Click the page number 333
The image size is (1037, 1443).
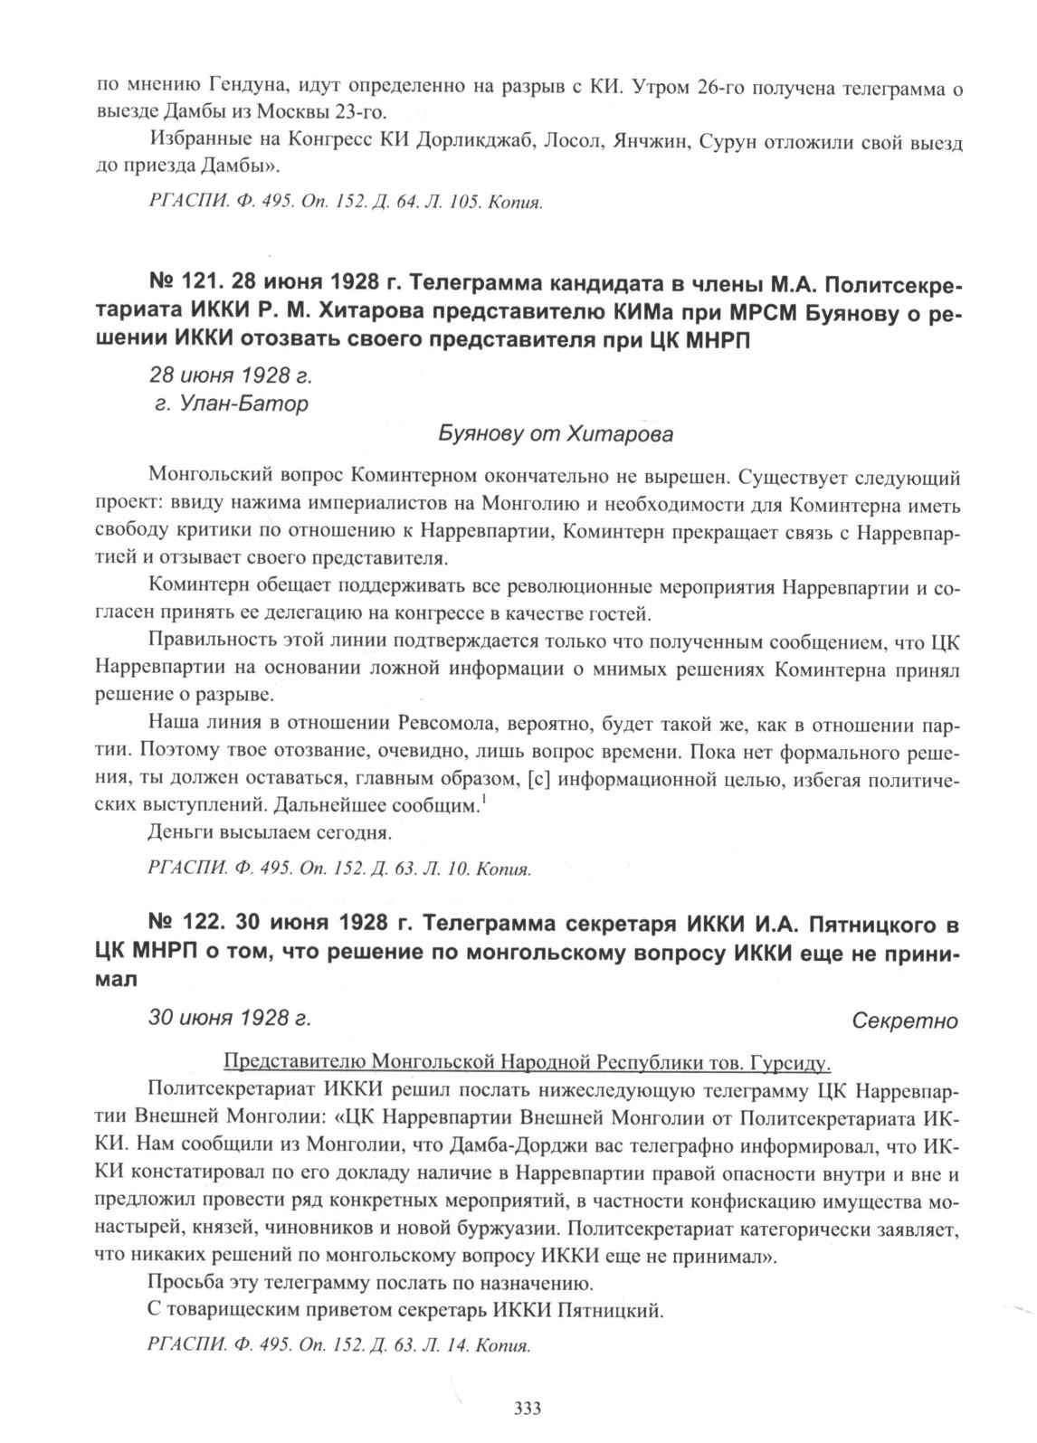pos(527,1408)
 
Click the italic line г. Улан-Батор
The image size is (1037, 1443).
pos(232,403)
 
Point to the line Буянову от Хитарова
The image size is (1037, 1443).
pos(556,434)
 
